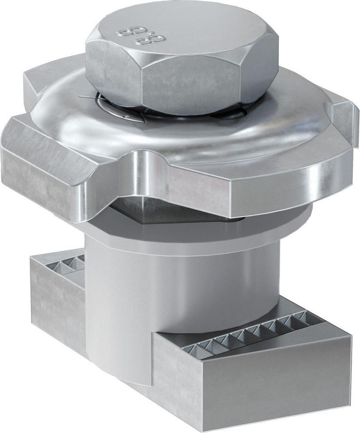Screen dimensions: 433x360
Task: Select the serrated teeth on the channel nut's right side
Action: (x=250, y=333)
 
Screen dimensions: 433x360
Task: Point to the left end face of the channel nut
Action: (x=57, y=307)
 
